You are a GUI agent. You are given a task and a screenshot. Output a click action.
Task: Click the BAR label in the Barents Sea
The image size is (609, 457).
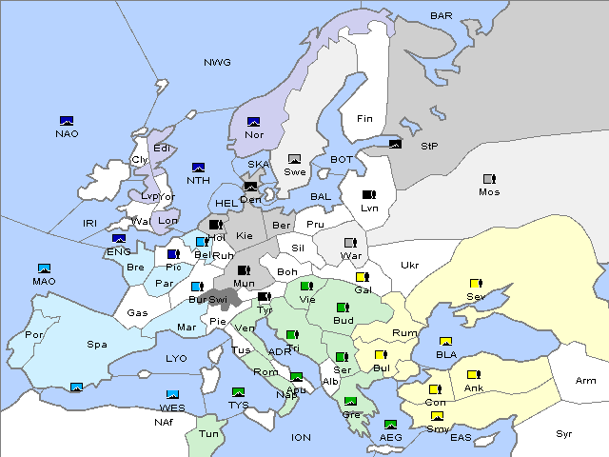tap(442, 16)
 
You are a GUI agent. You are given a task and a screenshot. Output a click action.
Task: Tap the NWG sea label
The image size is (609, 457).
tap(217, 63)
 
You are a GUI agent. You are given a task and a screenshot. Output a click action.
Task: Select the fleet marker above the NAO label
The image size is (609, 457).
tap(67, 121)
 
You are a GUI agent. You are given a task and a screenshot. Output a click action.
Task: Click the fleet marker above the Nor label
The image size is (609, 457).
tap(254, 122)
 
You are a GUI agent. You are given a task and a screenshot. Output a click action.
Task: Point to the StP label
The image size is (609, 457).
tap(429, 147)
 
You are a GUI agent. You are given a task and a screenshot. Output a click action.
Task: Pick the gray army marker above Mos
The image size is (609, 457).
tap(489, 179)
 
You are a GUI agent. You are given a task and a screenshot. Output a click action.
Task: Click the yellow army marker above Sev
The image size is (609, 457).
tap(475, 284)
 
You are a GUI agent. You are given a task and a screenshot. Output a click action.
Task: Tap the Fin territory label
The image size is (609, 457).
tap(364, 119)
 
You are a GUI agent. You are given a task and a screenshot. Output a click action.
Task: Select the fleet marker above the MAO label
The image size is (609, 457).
tap(44, 268)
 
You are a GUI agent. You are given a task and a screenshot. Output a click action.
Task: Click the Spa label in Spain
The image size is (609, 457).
tap(96, 345)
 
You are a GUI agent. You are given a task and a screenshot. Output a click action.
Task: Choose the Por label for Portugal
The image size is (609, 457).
tap(34, 335)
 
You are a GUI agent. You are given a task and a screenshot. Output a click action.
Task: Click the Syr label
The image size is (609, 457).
tap(564, 433)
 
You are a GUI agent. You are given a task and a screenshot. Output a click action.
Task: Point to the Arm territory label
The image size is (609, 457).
tap(586, 381)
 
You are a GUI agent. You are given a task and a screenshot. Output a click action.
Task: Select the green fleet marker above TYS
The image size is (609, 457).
tap(238, 392)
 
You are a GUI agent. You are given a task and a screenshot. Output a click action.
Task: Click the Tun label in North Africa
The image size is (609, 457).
tap(208, 433)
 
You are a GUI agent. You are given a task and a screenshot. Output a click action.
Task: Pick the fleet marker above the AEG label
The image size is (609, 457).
tap(390, 425)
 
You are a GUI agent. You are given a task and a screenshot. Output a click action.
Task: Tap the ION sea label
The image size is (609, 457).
tap(301, 438)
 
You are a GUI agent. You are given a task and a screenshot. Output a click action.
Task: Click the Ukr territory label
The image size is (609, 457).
tap(409, 266)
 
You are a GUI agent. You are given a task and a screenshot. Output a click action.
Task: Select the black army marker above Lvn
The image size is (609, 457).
tap(369, 195)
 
